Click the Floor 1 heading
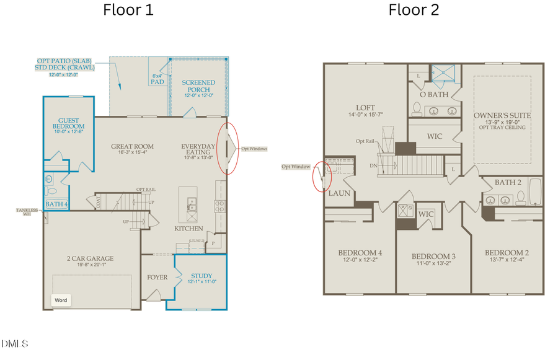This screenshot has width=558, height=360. click(129, 10)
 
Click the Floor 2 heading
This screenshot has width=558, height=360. click(414, 10)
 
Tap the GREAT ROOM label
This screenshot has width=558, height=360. click(132, 147)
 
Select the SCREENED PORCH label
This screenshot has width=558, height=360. click(198, 86)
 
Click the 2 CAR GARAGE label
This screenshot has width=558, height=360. click(90, 258)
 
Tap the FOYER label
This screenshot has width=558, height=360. click(157, 277)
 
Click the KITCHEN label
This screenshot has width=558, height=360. click(188, 229)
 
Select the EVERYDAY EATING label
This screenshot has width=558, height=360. click(198, 150)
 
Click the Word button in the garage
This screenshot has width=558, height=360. click(61, 300)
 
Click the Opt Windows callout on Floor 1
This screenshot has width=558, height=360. click(254, 149)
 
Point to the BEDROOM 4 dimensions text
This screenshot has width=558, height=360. click(360, 260)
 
